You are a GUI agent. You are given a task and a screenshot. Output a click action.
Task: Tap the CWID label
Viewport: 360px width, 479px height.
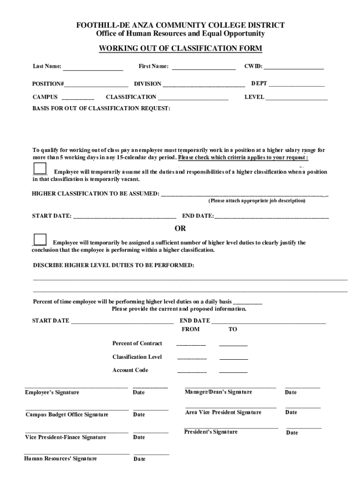[253, 66]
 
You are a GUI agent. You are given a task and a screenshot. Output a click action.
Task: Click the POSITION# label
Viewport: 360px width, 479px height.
[48, 84]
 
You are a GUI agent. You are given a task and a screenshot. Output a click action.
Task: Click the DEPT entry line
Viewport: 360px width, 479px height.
[296, 85]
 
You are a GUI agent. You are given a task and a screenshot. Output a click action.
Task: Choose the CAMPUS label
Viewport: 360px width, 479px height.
[45, 97]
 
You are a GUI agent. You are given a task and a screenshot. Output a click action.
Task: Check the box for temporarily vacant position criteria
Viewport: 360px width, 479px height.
[40, 168]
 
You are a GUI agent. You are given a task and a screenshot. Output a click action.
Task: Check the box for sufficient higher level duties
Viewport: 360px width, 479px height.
[40, 239]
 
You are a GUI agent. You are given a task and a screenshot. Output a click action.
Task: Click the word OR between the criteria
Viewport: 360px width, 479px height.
[180, 229]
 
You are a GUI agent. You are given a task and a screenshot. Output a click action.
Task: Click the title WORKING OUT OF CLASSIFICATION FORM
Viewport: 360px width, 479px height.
[180, 49]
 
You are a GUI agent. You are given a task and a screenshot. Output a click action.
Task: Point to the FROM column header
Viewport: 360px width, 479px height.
[190, 329]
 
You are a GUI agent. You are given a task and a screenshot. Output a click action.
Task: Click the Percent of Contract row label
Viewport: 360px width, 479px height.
[137, 343]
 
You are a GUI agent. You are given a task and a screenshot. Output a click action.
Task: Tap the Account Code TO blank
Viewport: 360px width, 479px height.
[233, 371]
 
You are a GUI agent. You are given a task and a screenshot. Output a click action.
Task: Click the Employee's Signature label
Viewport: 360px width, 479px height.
[52, 392]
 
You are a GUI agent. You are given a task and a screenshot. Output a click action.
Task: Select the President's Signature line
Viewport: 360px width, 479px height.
[231, 427]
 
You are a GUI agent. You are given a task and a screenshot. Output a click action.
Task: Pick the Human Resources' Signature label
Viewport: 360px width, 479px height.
[60, 458]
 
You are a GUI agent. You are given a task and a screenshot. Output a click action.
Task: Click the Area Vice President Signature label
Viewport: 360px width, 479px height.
[223, 412]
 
